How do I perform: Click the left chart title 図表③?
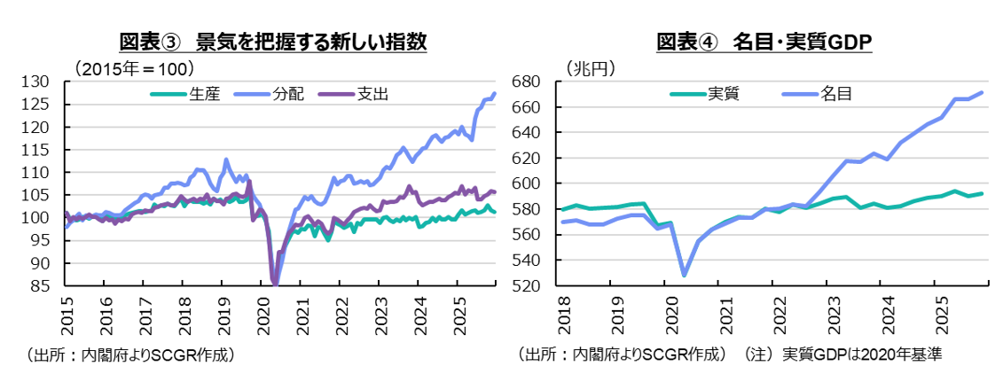pos(150,42)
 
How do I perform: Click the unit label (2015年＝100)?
pos(133,67)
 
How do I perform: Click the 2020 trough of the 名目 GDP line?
pos(684,275)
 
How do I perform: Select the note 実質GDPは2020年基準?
pos(860,355)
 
